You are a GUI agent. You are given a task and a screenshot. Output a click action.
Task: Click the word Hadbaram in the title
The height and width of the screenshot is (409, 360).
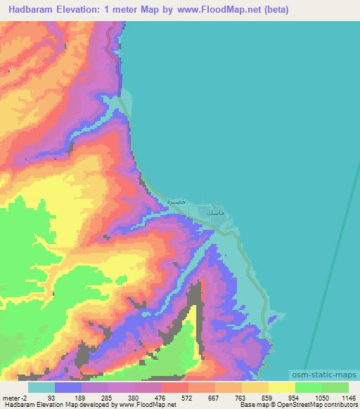click(34, 10)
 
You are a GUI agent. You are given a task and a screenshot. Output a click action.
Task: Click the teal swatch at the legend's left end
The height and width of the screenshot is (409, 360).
click(41, 387)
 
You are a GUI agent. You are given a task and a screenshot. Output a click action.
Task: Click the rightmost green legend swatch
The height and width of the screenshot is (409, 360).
click(335, 387)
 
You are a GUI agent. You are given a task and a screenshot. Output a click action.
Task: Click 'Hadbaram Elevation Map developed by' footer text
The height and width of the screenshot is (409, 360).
click(59, 405)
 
